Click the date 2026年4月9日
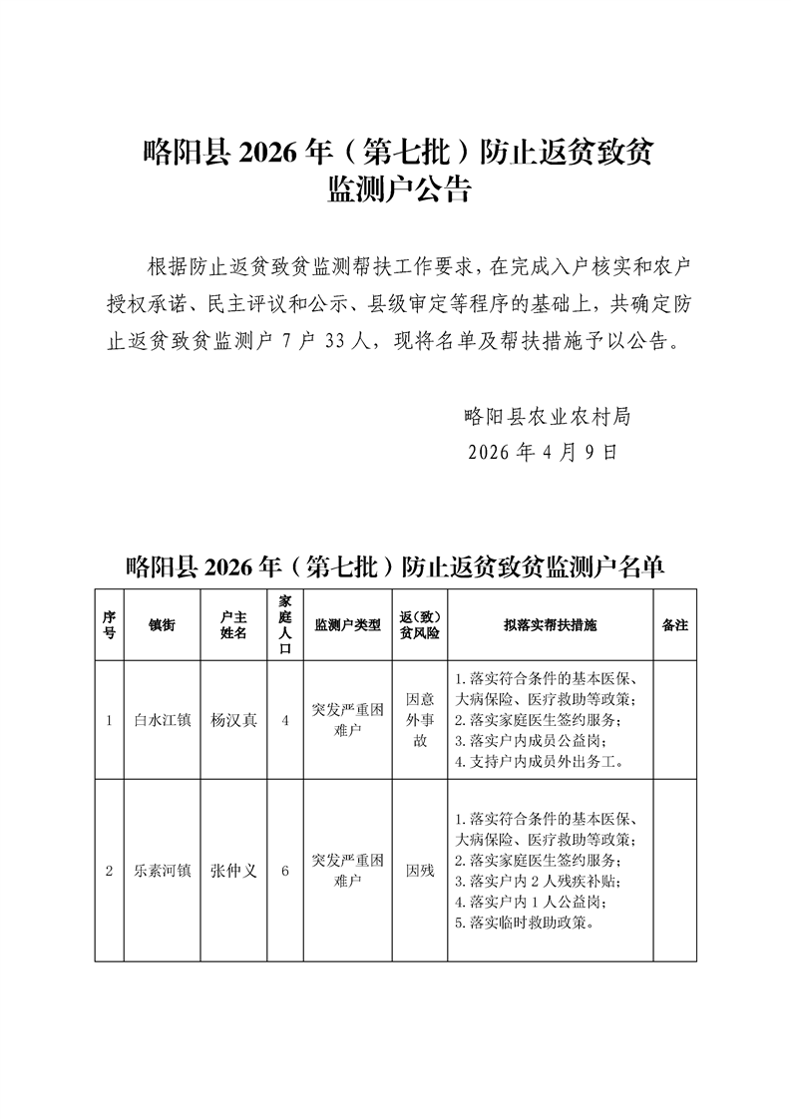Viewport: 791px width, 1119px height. (x=544, y=451)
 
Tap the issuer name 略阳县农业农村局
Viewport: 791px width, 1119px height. (x=548, y=415)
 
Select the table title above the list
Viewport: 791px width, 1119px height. (x=395, y=567)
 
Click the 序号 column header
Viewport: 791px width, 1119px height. (x=109, y=624)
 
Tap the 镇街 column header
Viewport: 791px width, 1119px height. (x=162, y=624)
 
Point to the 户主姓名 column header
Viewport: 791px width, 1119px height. (x=233, y=624)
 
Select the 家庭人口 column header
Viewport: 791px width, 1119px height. (x=285, y=624)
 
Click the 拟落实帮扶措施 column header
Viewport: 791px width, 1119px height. (x=550, y=624)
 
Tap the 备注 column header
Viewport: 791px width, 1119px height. (x=675, y=624)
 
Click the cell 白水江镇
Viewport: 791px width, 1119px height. (x=162, y=720)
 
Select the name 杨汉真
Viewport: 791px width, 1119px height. (x=233, y=720)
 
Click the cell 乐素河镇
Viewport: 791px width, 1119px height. (x=162, y=871)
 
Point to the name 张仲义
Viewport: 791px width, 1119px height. (x=233, y=871)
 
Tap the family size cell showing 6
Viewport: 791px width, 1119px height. (x=285, y=871)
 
